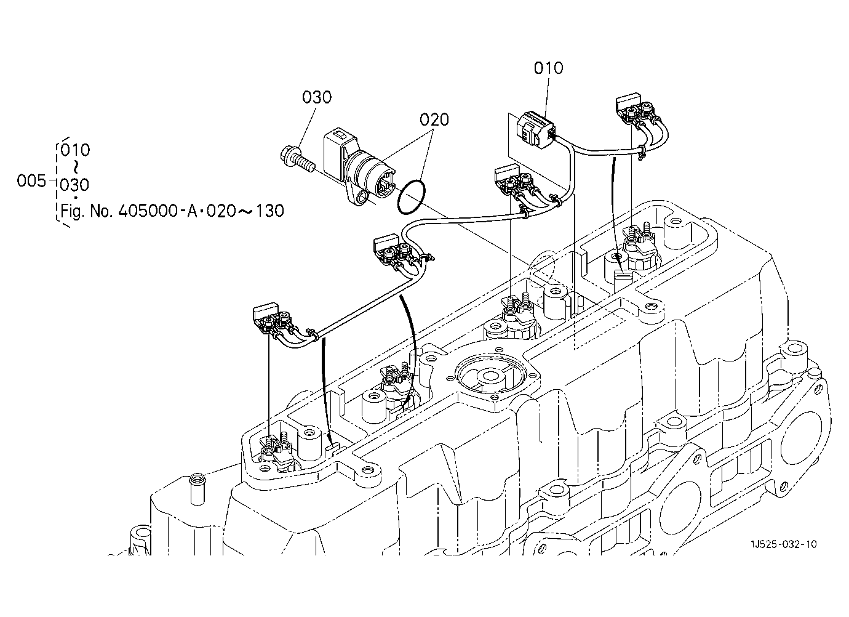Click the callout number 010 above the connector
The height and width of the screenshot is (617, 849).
pyautogui.click(x=548, y=68)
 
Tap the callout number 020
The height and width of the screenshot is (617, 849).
pyautogui.click(x=434, y=120)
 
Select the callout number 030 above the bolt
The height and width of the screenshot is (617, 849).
pyautogui.click(x=316, y=97)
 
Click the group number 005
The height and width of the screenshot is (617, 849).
pyautogui.click(x=31, y=181)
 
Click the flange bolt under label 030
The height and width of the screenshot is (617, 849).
pyautogui.click(x=298, y=161)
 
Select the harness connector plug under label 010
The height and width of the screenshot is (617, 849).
pyautogui.click(x=536, y=130)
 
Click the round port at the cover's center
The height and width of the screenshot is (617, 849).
pyautogui.click(x=491, y=376)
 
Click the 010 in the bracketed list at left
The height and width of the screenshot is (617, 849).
pyautogui.click(x=75, y=150)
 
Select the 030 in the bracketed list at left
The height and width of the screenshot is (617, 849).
pyautogui.click(x=74, y=185)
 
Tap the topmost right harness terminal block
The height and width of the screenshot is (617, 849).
pyautogui.click(x=635, y=108)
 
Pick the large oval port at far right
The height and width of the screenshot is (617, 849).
pyautogui.click(x=806, y=433)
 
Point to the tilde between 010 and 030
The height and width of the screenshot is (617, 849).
pyautogui.click(x=76, y=167)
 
